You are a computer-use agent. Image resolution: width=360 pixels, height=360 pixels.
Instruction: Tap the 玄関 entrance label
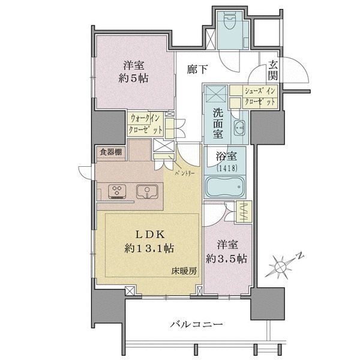tap(273, 70)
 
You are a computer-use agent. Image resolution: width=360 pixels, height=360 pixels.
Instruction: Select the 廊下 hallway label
tap(197, 70)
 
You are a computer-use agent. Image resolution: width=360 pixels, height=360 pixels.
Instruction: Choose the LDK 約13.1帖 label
tap(149, 239)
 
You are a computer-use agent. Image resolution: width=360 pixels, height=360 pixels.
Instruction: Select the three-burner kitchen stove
tap(117, 191)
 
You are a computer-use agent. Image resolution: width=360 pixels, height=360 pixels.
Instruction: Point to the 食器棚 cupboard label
tap(110, 152)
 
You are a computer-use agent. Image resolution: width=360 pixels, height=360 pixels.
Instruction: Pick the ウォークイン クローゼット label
tap(145, 124)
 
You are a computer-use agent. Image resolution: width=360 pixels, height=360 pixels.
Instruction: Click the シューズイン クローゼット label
tap(260, 97)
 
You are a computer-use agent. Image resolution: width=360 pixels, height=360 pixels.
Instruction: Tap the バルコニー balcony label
tap(196, 324)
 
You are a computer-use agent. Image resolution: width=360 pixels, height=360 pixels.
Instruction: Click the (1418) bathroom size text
tap(226, 169)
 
